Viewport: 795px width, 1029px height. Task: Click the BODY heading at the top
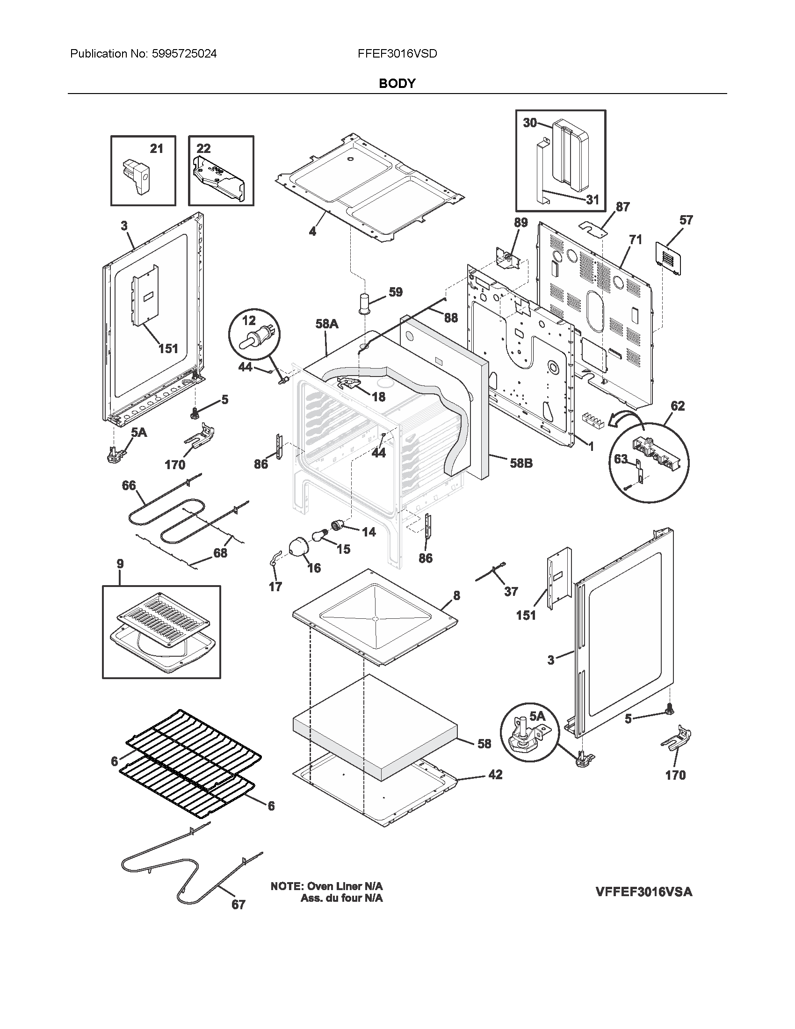pyautogui.click(x=397, y=83)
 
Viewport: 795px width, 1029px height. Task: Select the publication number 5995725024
pyautogui.click(x=184, y=54)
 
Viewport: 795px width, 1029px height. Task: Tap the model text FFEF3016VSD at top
pyautogui.click(x=397, y=54)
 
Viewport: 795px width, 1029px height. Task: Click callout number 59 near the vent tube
pyautogui.click(x=396, y=292)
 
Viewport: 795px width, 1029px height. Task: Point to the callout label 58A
pyautogui.click(x=327, y=324)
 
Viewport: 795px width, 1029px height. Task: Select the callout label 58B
pyautogui.click(x=521, y=463)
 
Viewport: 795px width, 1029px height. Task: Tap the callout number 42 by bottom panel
pyautogui.click(x=495, y=775)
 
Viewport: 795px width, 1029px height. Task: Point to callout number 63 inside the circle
pyautogui.click(x=621, y=458)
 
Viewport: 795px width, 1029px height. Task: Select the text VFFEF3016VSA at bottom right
pyautogui.click(x=644, y=891)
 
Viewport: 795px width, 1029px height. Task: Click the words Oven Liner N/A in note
pyautogui.click(x=345, y=886)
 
